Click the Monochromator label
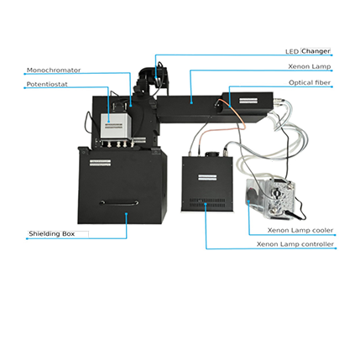tap(54, 70)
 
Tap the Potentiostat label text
tap(47, 84)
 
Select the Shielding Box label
tap(52, 233)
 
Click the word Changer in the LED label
tap(316, 51)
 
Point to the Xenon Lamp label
tap(310, 66)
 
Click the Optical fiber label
tap(310, 82)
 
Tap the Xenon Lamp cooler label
tap(300, 230)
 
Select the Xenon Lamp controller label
tap(295, 244)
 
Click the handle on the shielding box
tap(119, 203)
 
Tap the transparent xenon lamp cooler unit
tap(270, 199)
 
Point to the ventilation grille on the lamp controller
tap(207, 203)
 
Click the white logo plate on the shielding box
tap(100, 163)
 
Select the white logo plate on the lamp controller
tap(207, 178)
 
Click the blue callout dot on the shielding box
tap(127, 214)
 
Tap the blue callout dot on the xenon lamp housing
tap(191, 102)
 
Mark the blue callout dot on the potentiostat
tap(108, 122)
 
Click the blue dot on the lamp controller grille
tap(206, 204)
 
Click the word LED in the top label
tap(292, 51)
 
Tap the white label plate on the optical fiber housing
tap(248, 100)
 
